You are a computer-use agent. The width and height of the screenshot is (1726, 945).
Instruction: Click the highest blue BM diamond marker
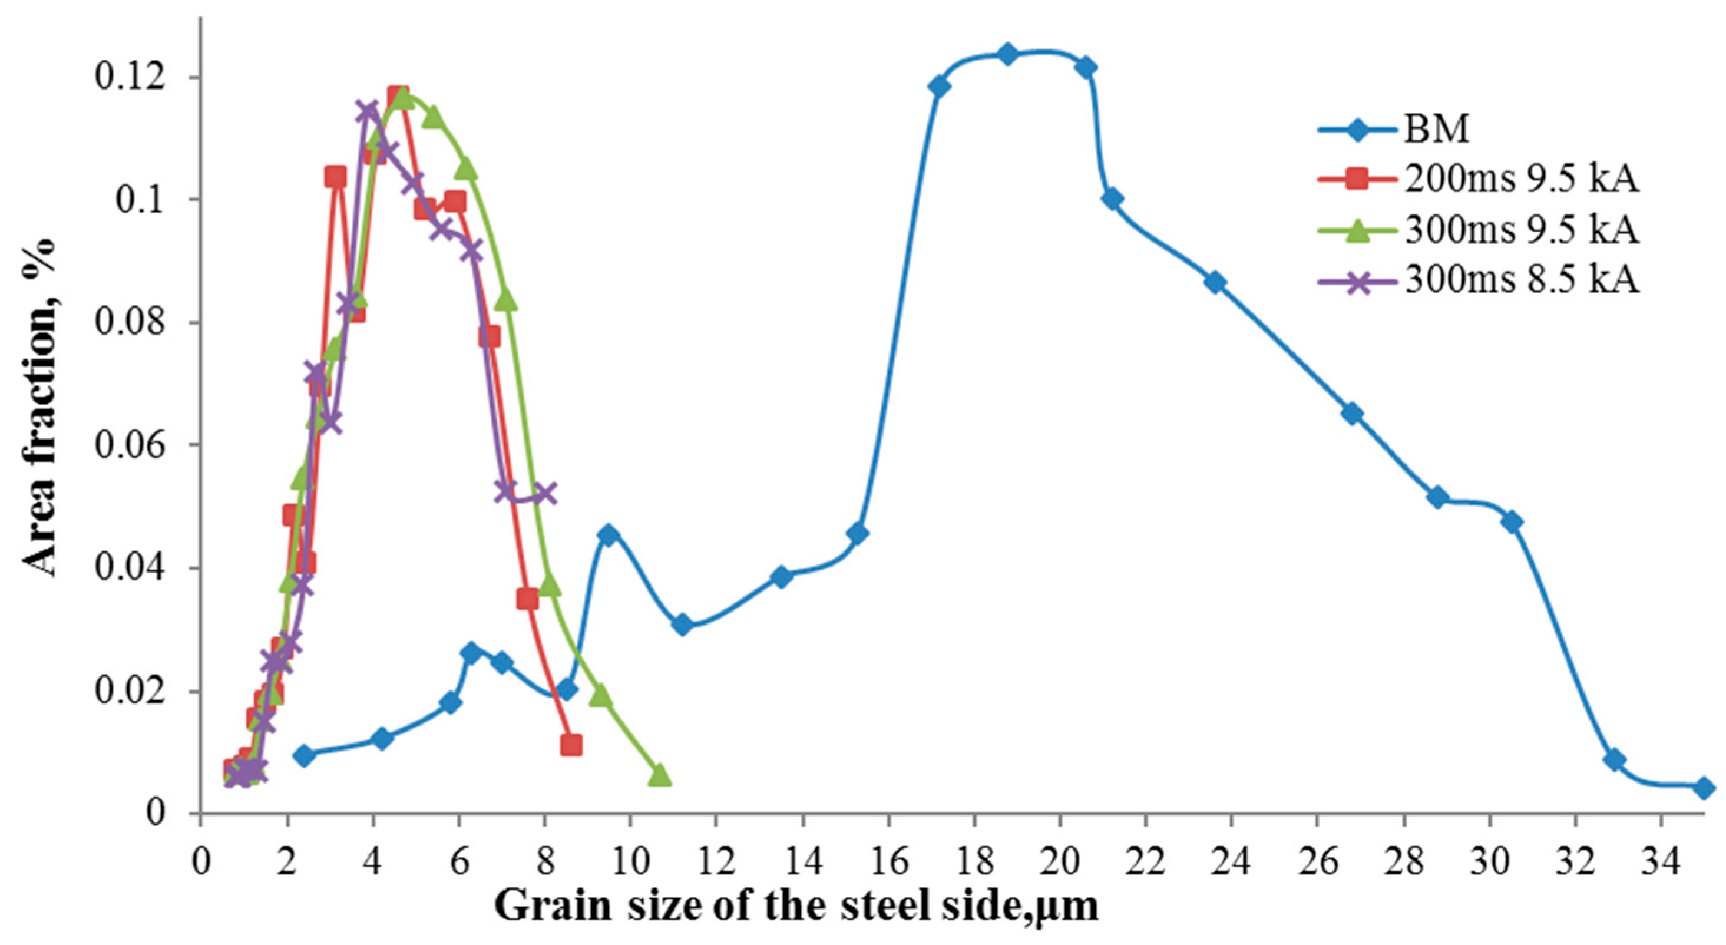point(1007,54)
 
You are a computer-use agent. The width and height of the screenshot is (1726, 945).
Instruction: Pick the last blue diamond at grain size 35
point(1705,789)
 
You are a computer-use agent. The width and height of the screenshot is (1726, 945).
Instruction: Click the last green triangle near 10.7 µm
point(659,775)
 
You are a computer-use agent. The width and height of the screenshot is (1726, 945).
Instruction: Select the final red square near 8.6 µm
point(570,745)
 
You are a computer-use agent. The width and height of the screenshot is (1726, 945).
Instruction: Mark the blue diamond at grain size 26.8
point(1352,414)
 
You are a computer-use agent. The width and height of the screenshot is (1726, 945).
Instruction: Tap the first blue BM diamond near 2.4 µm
point(304,755)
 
